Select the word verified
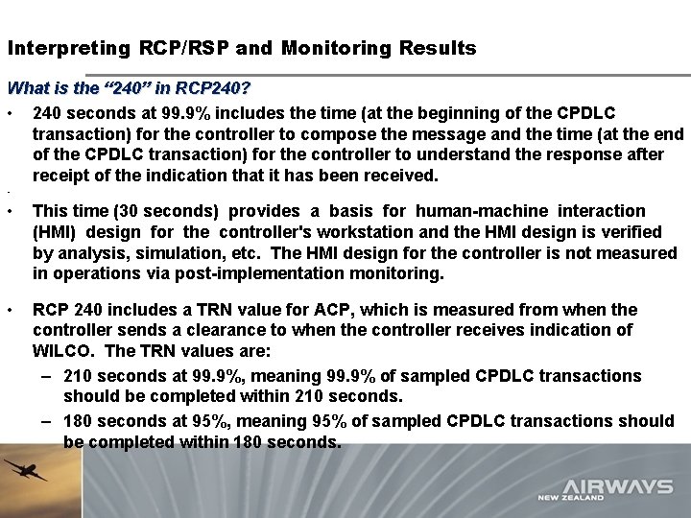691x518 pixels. [x=629, y=232]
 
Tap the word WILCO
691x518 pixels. [x=62, y=352]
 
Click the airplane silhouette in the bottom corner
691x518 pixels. [x=26, y=471]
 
